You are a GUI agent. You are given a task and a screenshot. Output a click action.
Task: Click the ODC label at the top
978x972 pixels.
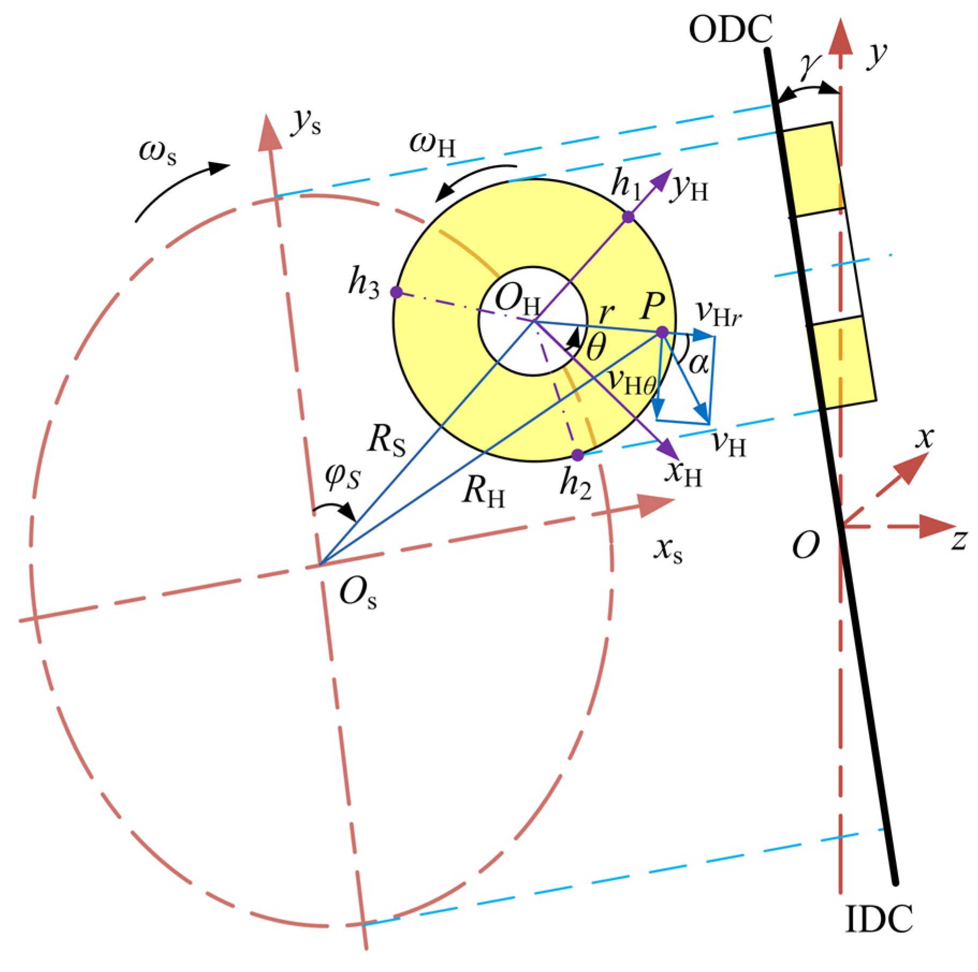click(730, 29)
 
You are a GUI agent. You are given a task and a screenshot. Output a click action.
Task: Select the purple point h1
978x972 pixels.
click(628, 217)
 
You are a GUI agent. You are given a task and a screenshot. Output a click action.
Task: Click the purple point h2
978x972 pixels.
click(577, 455)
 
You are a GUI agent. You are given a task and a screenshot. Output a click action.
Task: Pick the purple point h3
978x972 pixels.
click(396, 292)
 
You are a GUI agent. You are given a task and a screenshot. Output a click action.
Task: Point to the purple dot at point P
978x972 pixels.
click(662, 333)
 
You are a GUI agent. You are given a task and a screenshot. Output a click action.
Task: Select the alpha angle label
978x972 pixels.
click(698, 363)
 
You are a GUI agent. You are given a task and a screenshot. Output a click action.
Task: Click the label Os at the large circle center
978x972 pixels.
click(357, 595)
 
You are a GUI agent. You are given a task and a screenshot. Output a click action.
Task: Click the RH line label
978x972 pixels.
click(483, 491)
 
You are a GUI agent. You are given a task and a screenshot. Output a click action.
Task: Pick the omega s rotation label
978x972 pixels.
click(157, 151)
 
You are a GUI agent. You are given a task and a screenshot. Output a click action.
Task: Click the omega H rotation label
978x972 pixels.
click(432, 144)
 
